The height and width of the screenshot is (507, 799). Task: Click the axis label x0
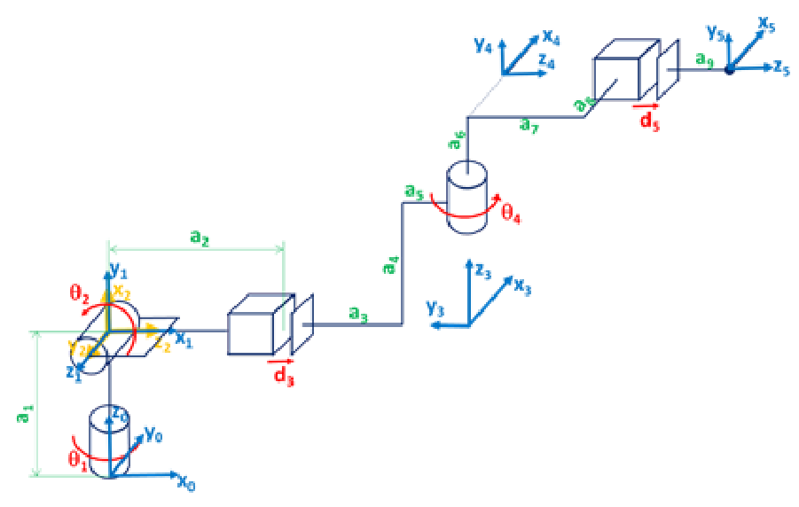[186, 482]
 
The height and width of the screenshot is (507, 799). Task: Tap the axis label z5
[780, 68]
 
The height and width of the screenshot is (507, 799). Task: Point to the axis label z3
[481, 270]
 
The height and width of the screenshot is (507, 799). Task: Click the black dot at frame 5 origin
[729, 68]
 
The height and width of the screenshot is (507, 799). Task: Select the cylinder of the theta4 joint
[467, 198]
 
